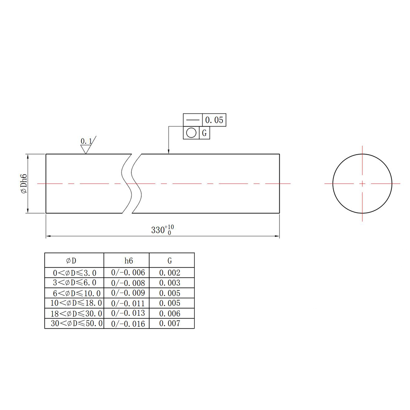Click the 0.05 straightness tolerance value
(214, 120)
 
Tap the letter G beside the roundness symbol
(204, 133)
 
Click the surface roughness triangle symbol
(86, 149)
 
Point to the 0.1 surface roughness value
(86, 141)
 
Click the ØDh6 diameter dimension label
(24, 183)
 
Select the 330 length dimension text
(163, 230)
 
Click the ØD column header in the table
(71, 261)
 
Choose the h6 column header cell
(129, 261)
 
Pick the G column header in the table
(170, 261)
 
